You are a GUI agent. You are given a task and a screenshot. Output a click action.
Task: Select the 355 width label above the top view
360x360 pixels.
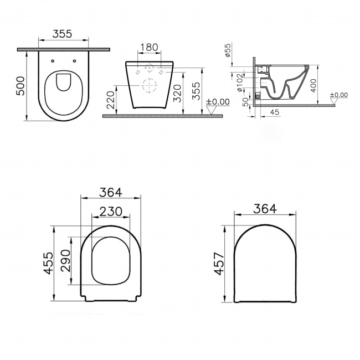[63, 33]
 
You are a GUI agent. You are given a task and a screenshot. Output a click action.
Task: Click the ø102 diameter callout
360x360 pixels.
[239, 81]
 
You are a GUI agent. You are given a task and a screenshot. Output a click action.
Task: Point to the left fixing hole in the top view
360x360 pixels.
[52, 62]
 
